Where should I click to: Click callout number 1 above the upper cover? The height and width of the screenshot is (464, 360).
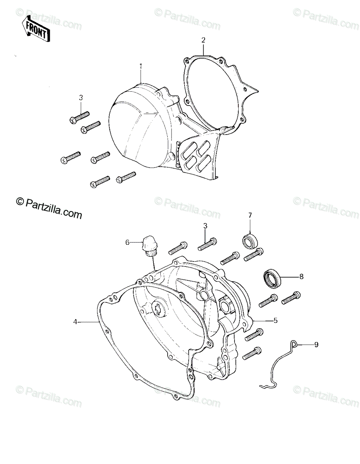(x=141, y=66)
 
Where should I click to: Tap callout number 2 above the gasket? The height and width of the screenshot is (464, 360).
(x=203, y=40)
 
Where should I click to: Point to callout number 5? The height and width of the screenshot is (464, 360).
(x=275, y=326)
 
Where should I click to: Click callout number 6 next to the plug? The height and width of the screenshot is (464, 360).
(x=127, y=242)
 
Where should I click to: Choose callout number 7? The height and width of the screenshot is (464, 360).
(x=250, y=215)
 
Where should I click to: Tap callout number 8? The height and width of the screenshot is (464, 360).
(x=301, y=277)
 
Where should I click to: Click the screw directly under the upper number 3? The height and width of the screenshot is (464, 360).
(x=79, y=118)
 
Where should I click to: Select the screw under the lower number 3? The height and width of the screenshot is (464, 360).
(x=207, y=244)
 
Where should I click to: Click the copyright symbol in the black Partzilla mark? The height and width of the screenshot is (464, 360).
(x=20, y=201)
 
